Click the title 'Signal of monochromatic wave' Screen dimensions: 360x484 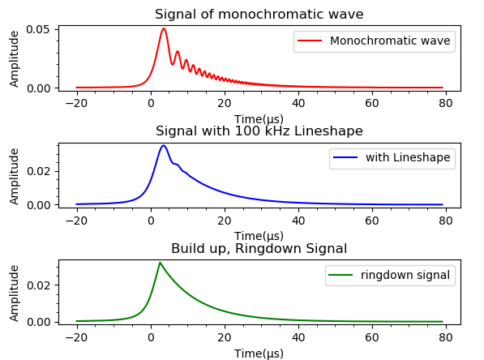pos(259,14)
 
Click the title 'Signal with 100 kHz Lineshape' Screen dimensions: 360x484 pos(259,131)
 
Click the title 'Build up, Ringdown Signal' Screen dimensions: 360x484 pos(259,249)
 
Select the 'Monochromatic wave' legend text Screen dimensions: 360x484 pos(390,41)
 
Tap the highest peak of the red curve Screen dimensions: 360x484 pos(164,29)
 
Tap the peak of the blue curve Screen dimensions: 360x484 pos(164,146)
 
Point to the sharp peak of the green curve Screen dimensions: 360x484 pos(160,263)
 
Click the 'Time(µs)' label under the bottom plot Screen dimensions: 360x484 pos(259,353)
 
